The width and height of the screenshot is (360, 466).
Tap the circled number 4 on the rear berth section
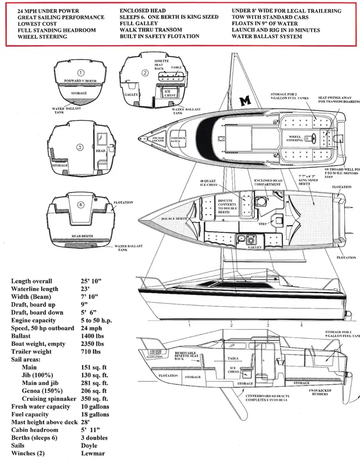tap(80, 205)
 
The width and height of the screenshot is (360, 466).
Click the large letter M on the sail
tap(245, 101)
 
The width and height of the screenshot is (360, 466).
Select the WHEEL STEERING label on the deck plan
tap(295, 138)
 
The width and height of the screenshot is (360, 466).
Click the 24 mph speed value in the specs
tap(92, 328)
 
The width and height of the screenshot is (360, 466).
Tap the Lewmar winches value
tap(94, 454)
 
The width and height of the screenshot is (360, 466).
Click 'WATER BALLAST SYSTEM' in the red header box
tap(267, 37)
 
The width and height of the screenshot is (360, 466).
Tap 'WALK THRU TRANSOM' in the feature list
tap(151, 30)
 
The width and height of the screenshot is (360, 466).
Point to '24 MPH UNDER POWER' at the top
tap(48, 11)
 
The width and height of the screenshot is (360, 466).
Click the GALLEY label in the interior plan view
tap(255, 247)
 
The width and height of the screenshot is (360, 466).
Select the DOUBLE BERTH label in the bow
tap(175, 218)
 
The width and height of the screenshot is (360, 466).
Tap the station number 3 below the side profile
tap(268, 325)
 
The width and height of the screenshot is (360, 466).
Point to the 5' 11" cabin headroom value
tap(92, 430)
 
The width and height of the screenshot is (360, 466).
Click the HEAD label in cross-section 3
tap(101, 151)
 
